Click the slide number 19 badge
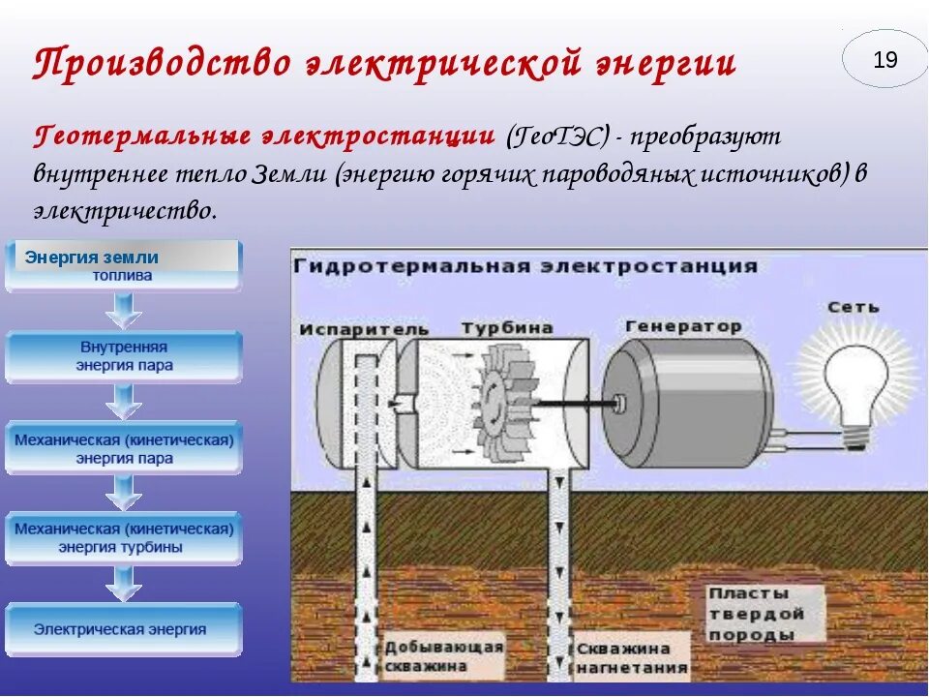884,60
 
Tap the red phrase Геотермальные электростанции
264,136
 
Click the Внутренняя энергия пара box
123,356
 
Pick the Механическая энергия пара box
123,448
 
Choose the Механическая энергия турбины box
123,538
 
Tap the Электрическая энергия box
123,629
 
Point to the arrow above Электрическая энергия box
123,585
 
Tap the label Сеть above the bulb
853,307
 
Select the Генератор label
683,326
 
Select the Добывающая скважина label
443,656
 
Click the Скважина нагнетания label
631,657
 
